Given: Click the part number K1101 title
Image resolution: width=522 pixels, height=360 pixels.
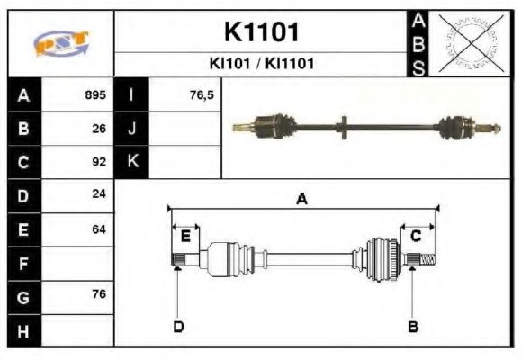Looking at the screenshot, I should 261,33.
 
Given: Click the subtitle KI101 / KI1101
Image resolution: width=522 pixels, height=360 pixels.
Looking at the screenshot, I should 261,64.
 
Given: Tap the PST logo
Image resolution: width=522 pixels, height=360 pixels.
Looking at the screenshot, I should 61,42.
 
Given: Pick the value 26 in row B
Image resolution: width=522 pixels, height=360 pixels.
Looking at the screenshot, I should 99,129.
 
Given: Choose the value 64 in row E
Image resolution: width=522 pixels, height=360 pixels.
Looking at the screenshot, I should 99,229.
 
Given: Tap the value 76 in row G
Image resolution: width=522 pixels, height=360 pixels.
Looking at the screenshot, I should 99,295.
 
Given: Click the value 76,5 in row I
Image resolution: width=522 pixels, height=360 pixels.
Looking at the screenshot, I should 202,94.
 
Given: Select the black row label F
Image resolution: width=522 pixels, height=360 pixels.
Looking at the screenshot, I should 22,263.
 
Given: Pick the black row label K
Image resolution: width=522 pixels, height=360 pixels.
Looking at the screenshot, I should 132,162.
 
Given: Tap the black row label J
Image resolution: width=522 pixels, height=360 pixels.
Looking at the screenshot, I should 132,129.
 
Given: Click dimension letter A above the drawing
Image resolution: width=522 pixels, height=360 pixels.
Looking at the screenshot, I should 302,199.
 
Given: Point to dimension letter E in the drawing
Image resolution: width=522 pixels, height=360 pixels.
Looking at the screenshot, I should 185,237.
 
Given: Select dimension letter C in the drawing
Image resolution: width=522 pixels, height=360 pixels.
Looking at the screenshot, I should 416,237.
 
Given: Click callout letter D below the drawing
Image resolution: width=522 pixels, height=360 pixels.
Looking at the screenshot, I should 178,326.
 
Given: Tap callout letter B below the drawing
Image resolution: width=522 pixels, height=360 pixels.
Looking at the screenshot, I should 413,326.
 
